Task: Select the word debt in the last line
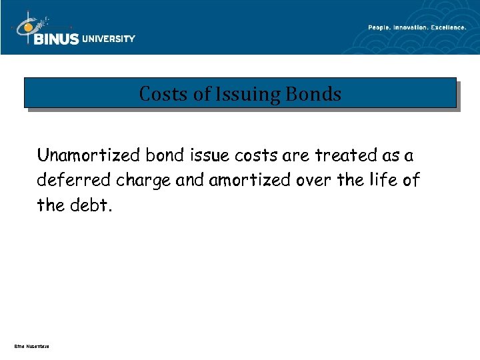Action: coord(92,205)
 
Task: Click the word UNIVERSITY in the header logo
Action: coord(108,39)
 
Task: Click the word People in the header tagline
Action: coord(380,27)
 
